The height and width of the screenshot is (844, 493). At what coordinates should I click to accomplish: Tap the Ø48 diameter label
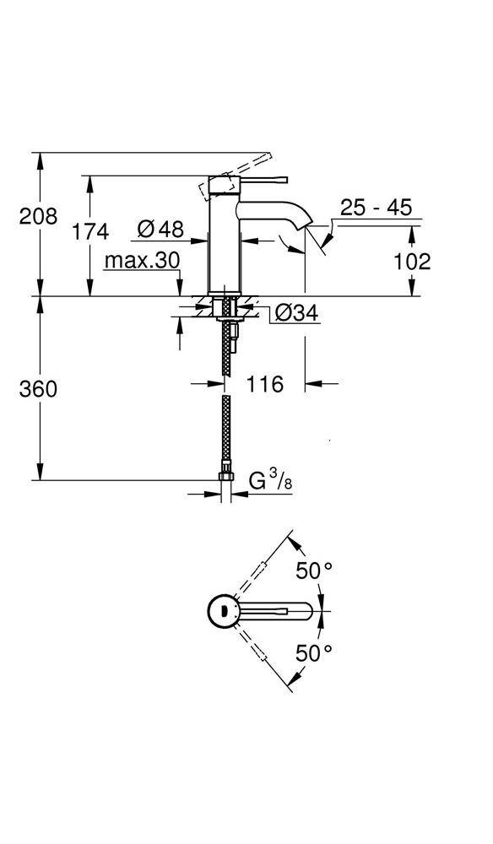click(x=160, y=228)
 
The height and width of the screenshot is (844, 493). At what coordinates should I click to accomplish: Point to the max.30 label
click(x=142, y=261)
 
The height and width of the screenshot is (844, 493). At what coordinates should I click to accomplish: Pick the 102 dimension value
click(x=412, y=261)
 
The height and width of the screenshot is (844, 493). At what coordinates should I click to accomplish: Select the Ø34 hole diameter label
click(x=296, y=313)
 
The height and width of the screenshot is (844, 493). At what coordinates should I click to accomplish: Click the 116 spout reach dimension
click(x=264, y=384)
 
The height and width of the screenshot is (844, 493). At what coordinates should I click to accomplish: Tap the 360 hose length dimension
click(x=39, y=389)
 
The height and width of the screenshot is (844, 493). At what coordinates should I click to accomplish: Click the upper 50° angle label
click(x=314, y=571)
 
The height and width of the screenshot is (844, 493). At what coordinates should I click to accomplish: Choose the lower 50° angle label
click(x=314, y=652)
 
